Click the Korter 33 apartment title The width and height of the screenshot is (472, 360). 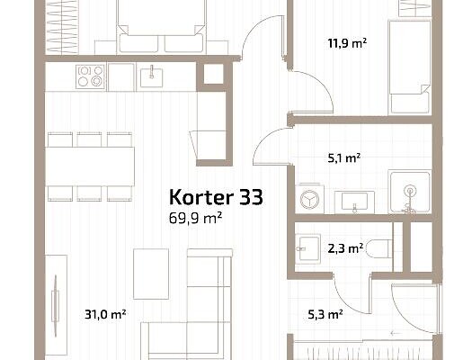tap(216, 198)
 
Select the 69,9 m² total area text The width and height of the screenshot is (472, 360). tap(196, 218)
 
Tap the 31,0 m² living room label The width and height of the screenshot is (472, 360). tap(105, 314)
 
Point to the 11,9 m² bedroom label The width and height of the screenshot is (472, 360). tap(347, 43)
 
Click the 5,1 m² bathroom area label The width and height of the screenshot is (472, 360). tap(344, 157)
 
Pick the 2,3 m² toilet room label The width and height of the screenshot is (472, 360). tap(345, 248)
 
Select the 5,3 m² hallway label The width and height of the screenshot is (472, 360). tap(325, 315)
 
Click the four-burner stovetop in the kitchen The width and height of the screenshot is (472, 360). tap(90, 76)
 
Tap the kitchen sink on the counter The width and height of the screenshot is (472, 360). tap(152, 77)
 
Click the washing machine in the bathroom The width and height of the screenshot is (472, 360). tap(310, 199)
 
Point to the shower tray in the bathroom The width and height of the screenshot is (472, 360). tap(410, 192)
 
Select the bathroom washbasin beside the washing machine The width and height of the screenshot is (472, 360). tap(354, 202)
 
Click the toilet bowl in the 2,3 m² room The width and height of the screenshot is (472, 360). tap(380, 248)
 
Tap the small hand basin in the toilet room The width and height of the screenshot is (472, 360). tap(307, 248)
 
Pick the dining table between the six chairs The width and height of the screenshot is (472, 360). tap(90, 166)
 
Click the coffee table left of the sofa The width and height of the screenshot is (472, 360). tap(151, 274)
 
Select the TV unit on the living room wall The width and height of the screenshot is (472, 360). tap(56, 306)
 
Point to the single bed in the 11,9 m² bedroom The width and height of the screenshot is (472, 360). tap(410, 67)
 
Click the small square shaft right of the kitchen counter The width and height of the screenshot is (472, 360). tap(214, 74)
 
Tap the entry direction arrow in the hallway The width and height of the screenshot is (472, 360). tap(396, 334)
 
